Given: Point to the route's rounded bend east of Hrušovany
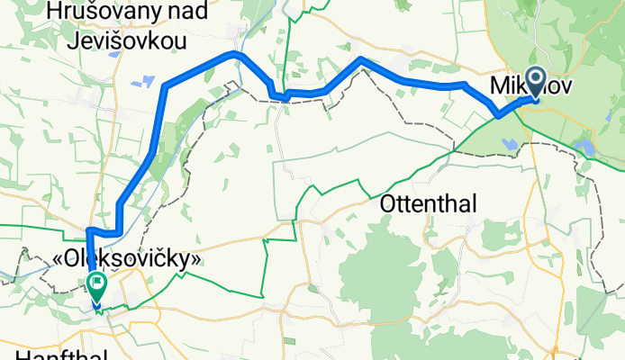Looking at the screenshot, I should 237,54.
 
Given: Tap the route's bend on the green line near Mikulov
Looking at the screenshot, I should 498,115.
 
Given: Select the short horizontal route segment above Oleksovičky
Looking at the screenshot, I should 104,234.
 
